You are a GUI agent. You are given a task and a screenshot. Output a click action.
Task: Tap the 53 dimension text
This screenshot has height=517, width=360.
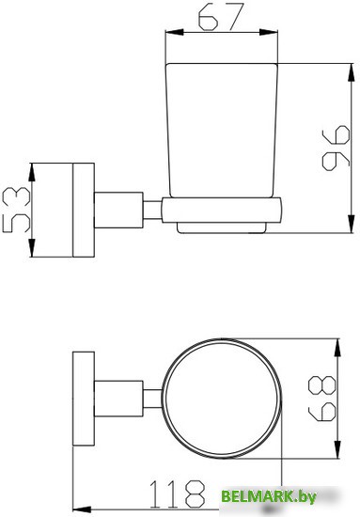point(16,210)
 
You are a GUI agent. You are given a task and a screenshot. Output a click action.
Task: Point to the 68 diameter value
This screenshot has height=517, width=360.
point(321,399)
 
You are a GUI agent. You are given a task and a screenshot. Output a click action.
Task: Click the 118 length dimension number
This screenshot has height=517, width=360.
point(177,493)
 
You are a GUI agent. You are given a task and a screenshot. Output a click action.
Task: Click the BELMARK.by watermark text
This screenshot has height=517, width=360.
point(268,496)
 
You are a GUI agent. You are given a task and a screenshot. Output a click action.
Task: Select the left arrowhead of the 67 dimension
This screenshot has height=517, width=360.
point(174,32)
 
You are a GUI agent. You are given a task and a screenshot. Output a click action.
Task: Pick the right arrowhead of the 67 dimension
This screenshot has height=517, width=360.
point(269,32)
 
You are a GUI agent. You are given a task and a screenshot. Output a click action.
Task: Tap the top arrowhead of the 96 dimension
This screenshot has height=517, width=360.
point(352,72)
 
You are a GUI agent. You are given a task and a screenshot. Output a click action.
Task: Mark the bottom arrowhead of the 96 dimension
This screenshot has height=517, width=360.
point(352,224)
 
